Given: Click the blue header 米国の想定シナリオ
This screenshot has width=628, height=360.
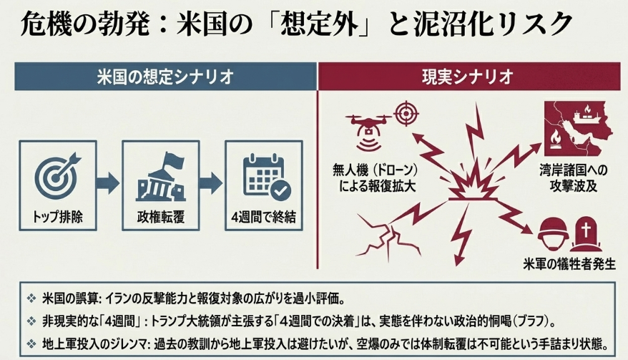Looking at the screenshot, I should point(165,76).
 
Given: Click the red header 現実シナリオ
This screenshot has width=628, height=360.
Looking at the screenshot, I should point(469,76).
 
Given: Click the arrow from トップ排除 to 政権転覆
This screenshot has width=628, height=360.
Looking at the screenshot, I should point(108,183).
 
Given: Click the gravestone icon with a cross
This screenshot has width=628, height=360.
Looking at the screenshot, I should point(587,233).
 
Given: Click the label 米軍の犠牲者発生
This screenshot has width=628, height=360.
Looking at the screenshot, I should point(569,264).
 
